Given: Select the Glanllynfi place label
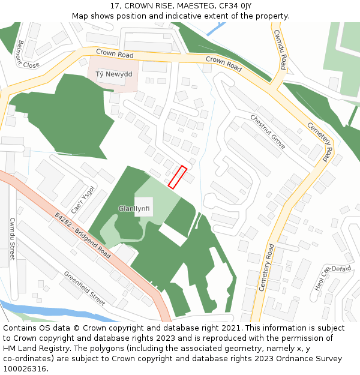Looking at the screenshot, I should point(133,209).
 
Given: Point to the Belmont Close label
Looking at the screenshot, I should point(28,54).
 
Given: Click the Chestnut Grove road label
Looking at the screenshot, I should point(268,132).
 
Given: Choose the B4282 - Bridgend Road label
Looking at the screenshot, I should point(83,236).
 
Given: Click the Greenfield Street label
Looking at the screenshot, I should point(85,287).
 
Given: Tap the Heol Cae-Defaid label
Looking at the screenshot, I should point(332,277).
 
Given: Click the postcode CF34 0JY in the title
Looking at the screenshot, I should point(235,6).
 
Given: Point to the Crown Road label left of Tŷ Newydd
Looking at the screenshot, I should point(115,54).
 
